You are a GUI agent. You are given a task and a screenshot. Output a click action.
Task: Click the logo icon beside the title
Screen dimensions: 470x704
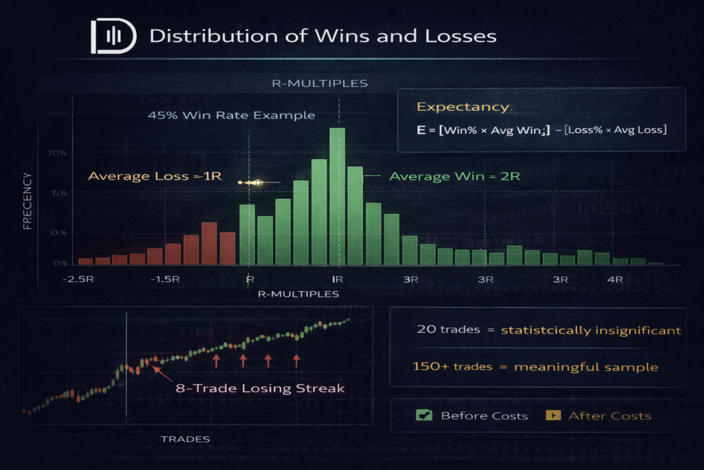coord(113,36)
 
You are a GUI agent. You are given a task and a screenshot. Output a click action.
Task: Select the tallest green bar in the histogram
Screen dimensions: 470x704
coord(337,196)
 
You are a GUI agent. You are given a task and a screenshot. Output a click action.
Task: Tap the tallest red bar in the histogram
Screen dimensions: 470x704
coord(210,244)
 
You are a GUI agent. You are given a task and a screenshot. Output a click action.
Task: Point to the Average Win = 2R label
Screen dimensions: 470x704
coord(454,176)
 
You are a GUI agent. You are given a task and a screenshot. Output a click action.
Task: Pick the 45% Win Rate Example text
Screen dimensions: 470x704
coord(231,115)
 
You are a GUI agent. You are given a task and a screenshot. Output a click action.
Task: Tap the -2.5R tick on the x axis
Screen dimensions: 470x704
coord(77,279)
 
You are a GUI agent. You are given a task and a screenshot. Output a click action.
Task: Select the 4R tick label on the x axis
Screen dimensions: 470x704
coord(615,279)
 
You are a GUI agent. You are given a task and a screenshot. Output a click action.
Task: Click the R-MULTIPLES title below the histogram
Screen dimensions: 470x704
coord(298,294)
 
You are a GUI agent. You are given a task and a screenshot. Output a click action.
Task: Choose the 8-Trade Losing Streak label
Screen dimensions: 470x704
coord(260,388)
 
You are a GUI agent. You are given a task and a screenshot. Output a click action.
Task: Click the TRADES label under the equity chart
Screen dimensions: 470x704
coord(185,438)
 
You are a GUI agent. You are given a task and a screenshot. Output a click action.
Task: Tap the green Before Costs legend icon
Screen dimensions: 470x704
coord(423,415)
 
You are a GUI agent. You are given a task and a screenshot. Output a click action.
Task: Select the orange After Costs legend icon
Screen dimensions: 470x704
coord(552,415)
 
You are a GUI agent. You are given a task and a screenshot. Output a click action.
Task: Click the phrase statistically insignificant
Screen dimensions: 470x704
coord(591,330)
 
